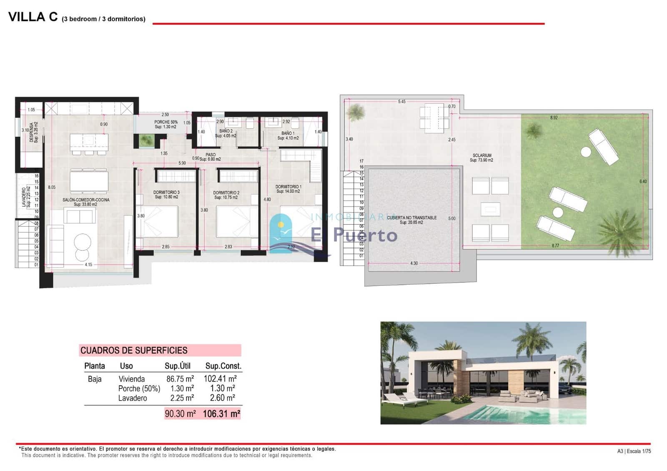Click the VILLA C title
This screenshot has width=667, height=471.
pyautogui.click(x=33, y=17)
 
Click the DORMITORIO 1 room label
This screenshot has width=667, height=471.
pyautogui.click(x=288, y=187)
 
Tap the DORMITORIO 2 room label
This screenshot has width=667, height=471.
pyautogui.click(x=226, y=193)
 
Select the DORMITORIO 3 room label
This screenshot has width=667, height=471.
pyautogui.click(x=166, y=193)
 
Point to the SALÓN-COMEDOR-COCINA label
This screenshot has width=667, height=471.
pyautogui.click(x=86, y=200)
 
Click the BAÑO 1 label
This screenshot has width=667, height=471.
pyautogui.click(x=288, y=133)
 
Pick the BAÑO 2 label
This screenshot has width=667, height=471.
pyautogui.click(x=226, y=131)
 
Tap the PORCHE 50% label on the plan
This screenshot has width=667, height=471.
pyautogui.click(x=166, y=122)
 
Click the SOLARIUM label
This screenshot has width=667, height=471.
pyautogui.click(x=482, y=155)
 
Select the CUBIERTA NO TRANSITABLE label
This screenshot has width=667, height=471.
pyautogui.click(x=411, y=218)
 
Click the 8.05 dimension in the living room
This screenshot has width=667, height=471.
pyautogui.click(x=52, y=188)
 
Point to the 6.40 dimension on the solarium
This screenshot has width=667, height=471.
pyautogui.click(x=643, y=182)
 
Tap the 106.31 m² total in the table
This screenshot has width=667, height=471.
pyautogui.click(x=221, y=414)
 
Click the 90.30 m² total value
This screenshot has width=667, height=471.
pyautogui.click(x=180, y=414)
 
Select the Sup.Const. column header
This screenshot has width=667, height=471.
pyautogui.click(x=223, y=366)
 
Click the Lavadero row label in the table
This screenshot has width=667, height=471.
pyautogui.click(x=133, y=398)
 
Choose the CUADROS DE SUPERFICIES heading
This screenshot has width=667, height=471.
pyautogui.click(x=134, y=351)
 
